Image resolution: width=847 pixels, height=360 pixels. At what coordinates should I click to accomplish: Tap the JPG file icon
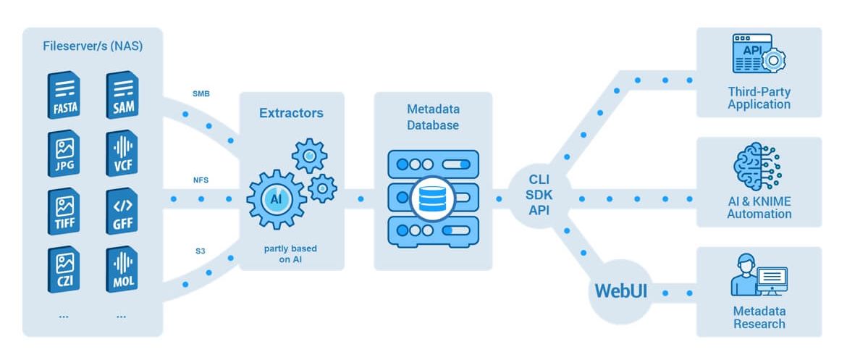[64, 154]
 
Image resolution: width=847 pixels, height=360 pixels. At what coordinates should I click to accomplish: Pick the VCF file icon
[121, 154]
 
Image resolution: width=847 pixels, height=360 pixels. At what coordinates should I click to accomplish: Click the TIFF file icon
[64, 212]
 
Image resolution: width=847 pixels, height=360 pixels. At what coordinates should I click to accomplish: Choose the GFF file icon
[121, 212]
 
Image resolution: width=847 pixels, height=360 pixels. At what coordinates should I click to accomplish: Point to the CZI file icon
[64, 270]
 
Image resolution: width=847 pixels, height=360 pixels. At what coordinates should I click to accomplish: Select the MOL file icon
[121, 270]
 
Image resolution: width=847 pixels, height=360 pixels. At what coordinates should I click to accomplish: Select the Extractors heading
[291, 113]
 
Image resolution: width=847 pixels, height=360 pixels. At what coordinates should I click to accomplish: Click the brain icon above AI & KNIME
[758, 167]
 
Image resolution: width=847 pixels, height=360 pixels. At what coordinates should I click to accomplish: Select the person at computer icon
[758, 276]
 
